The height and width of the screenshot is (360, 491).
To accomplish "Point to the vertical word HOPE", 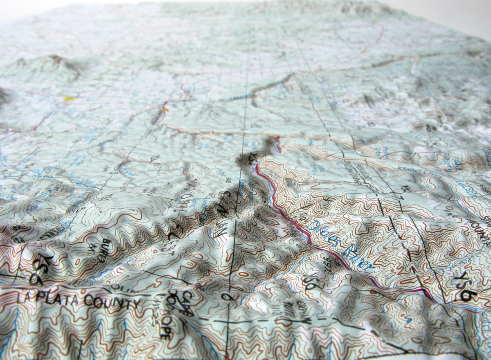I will click(163, 328).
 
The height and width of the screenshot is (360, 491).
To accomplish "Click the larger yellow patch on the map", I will click(69, 99).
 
